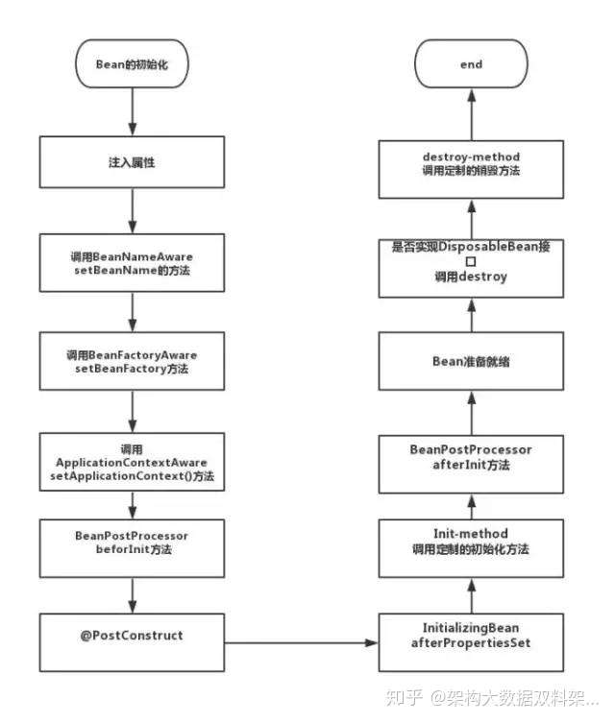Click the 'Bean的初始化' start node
(132, 63)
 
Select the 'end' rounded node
(471, 63)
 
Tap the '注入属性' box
(132, 162)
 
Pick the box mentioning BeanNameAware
(132, 263)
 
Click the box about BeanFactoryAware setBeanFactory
(132, 361)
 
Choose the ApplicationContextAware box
(132, 462)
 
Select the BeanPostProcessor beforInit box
(132, 548)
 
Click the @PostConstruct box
(132, 642)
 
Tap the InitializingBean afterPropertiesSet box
(471, 642)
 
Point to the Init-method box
(471, 548)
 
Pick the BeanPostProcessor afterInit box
(471, 465)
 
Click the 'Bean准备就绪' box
(471, 361)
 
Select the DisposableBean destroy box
(471, 268)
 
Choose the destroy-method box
(471, 169)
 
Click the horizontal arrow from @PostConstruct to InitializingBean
(302, 642)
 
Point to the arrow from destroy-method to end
(472, 114)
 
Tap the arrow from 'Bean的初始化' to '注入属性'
(133, 112)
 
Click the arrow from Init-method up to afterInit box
(472, 507)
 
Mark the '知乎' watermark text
(404, 698)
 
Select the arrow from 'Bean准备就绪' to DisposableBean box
(472, 315)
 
